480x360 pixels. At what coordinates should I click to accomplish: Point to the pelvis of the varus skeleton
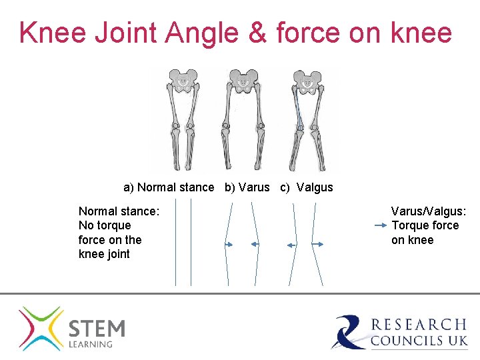(x=244, y=81)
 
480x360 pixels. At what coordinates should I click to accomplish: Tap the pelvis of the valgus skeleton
(x=307, y=81)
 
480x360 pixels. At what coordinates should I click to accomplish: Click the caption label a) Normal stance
(x=169, y=187)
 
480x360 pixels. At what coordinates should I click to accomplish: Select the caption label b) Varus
(x=247, y=187)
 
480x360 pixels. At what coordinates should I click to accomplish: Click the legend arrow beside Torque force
(x=380, y=226)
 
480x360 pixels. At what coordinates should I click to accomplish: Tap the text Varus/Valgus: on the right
(x=429, y=211)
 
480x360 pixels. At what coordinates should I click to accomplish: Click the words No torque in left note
(x=105, y=225)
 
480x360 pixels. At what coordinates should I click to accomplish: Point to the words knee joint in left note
(x=104, y=254)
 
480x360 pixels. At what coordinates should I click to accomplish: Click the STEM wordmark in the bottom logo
(x=97, y=329)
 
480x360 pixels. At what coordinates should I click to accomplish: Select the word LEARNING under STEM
(x=91, y=344)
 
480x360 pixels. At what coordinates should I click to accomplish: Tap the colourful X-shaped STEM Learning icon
(x=41, y=329)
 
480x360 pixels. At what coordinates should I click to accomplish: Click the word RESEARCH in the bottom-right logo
(x=419, y=325)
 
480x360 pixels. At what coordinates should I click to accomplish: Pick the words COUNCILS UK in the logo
(x=419, y=341)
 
